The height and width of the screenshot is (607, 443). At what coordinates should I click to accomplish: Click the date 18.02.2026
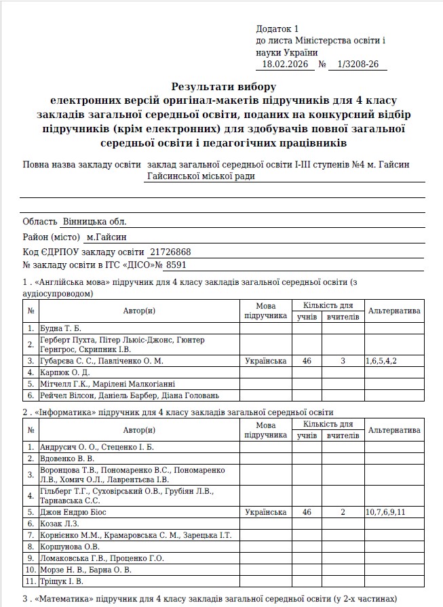(285, 64)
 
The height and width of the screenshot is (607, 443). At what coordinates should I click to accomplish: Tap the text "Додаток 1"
(277, 29)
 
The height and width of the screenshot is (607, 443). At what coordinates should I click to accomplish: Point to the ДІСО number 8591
(176, 265)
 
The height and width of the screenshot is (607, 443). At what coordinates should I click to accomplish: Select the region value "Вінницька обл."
(94, 222)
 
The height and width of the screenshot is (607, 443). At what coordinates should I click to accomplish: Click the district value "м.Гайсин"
(107, 237)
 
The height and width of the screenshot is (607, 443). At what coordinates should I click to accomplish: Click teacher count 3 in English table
(343, 361)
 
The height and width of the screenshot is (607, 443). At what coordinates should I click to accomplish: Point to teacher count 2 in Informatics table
(343, 512)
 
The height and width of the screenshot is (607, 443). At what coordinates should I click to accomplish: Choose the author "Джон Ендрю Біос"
(73, 512)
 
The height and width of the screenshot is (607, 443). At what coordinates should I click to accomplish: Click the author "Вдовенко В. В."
(67, 458)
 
